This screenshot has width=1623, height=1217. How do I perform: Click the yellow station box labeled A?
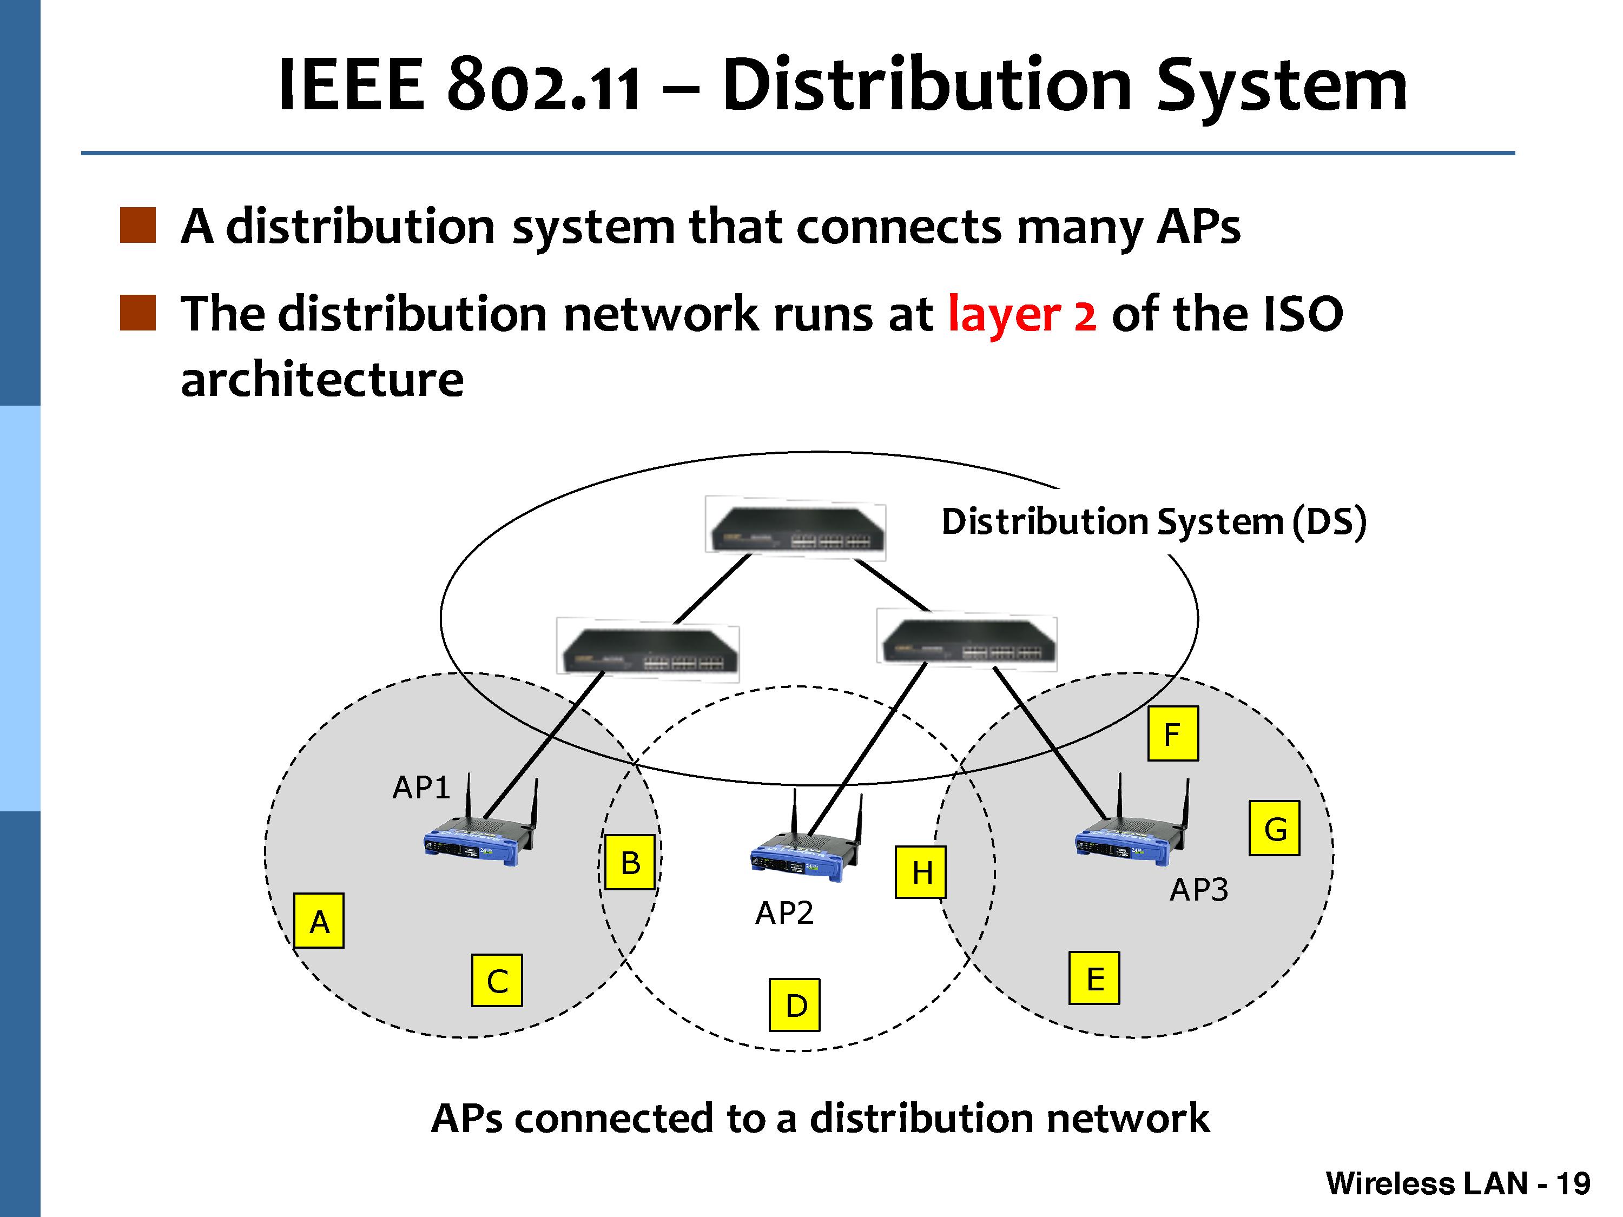[x=319, y=921]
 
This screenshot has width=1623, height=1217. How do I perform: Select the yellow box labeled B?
[x=630, y=862]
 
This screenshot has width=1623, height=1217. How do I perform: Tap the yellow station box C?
[x=497, y=980]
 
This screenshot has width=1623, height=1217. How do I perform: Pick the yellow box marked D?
[x=795, y=1004]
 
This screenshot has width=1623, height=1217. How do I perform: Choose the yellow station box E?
[x=1094, y=978]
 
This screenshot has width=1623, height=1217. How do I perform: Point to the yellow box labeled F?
[x=1172, y=733]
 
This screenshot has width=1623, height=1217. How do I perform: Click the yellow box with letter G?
[x=1275, y=828]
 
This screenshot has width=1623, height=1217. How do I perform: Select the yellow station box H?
[x=921, y=872]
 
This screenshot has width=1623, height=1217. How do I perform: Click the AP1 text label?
[x=420, y=788]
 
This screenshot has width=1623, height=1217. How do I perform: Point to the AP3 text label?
[x=1198, y=890]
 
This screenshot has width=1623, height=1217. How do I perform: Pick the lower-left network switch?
[x=648, y=651]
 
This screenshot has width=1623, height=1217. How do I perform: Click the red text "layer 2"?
[x=1021, y=314]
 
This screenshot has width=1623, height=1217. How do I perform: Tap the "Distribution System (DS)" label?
[x=1153, y=521]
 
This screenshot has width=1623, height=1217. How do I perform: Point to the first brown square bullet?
[x=138, y=224]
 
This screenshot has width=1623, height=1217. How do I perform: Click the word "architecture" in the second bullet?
[x=322, y=380]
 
